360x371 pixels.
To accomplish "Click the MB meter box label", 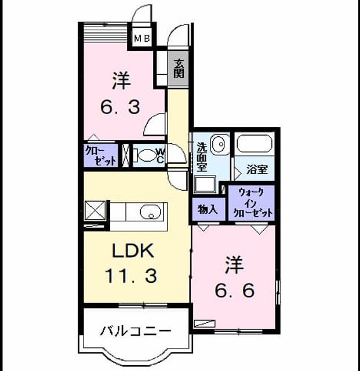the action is (142, 38).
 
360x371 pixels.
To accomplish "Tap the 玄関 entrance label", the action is (179, 68).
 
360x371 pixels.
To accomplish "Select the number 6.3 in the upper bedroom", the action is (120, 107).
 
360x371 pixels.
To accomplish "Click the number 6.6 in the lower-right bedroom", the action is (235, 290).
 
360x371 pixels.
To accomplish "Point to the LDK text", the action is (133, 251).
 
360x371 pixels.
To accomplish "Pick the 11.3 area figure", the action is (131, 276).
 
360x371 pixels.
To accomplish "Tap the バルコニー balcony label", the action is (135, 331).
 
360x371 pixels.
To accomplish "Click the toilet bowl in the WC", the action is (146, 155).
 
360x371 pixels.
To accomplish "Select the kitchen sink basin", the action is (150, 211).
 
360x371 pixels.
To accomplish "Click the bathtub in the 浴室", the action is (254, 144).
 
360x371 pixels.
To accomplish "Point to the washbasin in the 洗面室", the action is (220, 144).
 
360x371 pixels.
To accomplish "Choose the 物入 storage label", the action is (208, 209).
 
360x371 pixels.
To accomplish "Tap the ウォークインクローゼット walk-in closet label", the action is (253, 203).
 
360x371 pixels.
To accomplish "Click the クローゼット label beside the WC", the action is (101, 155).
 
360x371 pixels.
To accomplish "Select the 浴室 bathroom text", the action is (257, 169).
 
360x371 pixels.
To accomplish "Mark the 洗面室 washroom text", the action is (202, 157).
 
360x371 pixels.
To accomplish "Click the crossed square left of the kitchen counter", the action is (95, 211).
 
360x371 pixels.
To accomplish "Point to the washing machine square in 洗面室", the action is (205, 184).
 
